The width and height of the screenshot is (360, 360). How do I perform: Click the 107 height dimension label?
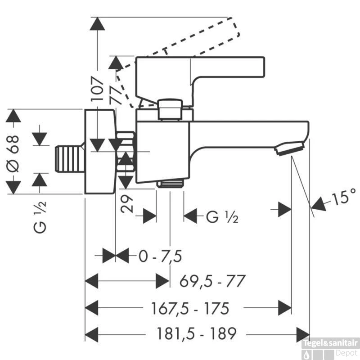(97, 89)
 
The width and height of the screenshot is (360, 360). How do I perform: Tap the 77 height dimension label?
(116, 94)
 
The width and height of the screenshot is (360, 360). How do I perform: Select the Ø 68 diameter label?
(12, 153)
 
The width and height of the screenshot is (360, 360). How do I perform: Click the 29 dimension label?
(126, 204)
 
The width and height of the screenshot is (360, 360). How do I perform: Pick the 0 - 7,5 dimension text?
(160, 256)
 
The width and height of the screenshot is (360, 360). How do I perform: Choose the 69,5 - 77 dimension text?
(212, 281)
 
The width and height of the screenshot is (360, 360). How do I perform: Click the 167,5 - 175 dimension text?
(190, 308)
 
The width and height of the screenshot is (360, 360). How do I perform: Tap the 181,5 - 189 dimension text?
(196, 333)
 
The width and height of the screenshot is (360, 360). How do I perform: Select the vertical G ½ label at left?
(40, 217)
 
